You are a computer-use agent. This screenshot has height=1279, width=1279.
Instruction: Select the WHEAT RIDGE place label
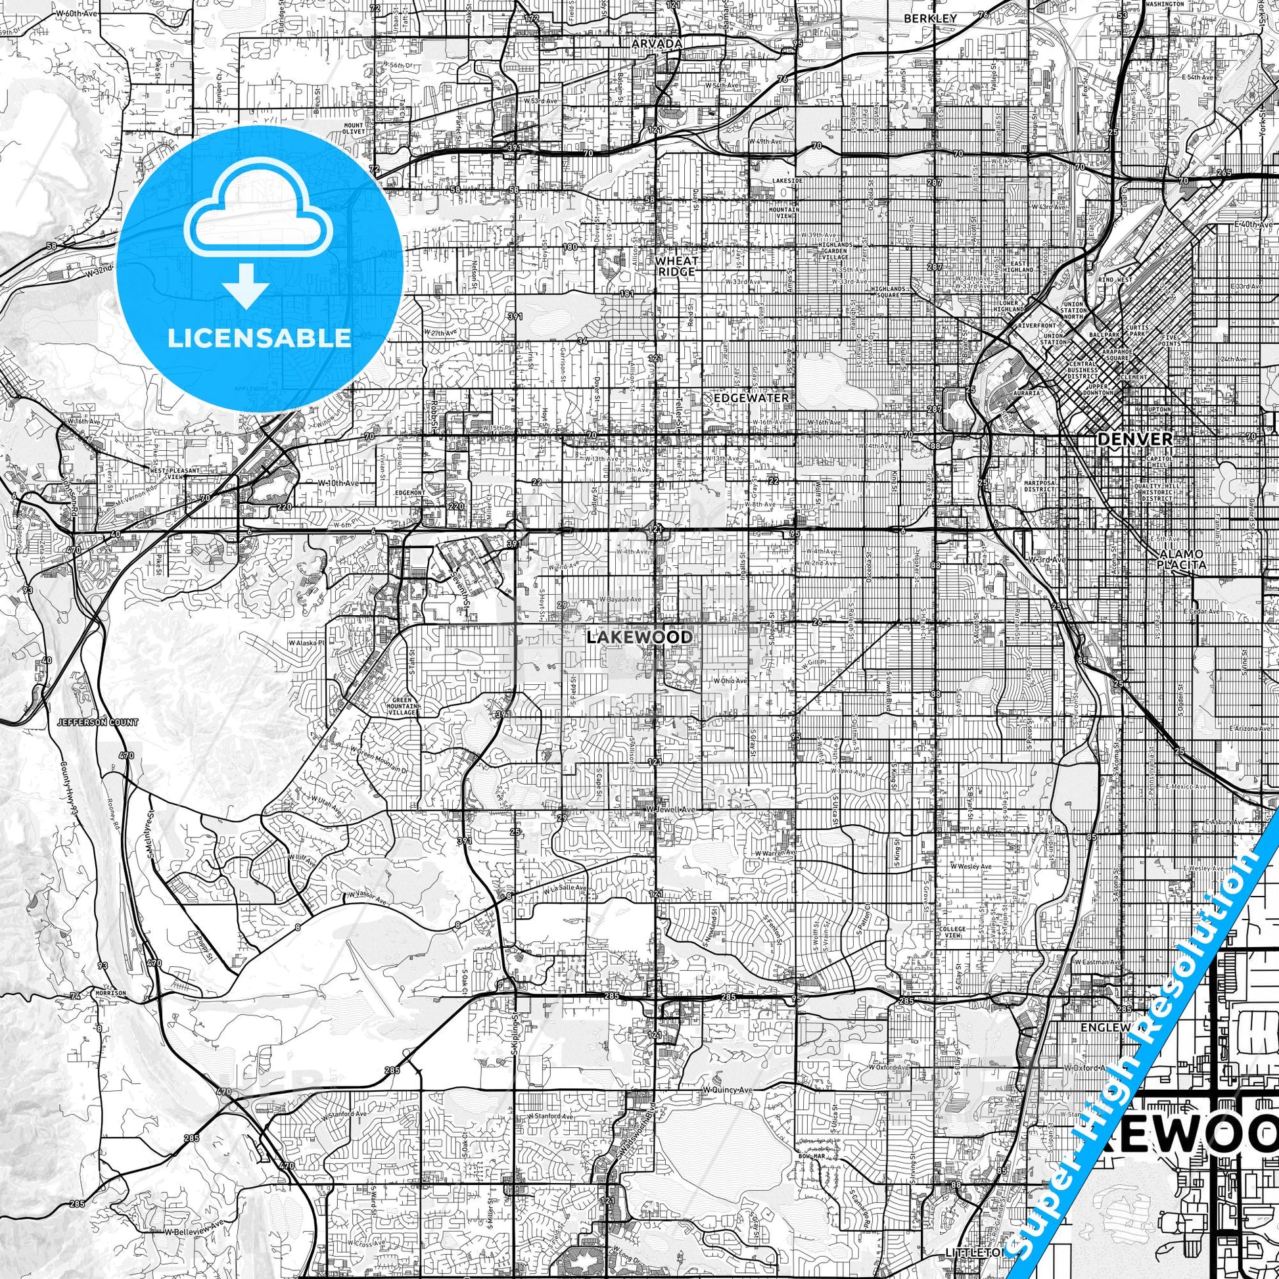tap(676, 266)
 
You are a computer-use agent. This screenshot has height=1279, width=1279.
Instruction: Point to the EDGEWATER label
tap(751, 398)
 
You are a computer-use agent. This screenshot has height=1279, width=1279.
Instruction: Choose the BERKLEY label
tap(930, 18)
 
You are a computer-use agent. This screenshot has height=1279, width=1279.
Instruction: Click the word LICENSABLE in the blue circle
tap(259, 338)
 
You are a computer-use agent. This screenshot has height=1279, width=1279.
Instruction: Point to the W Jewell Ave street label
tap(670, 810)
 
